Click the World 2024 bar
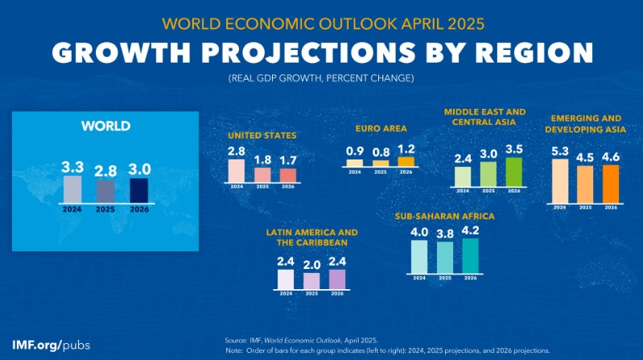[72, 189]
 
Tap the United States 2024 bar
[236, 170]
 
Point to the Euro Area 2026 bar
[405, 161]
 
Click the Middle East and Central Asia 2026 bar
[513, 171]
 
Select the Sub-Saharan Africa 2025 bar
[445, 257]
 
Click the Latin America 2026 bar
[336, 278]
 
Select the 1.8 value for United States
[262, 159]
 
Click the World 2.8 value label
[105, 170]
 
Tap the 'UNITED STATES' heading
[262, 135]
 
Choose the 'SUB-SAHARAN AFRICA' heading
[444, 217]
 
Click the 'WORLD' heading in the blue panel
[105, 126]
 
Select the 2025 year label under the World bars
[105, 208]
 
